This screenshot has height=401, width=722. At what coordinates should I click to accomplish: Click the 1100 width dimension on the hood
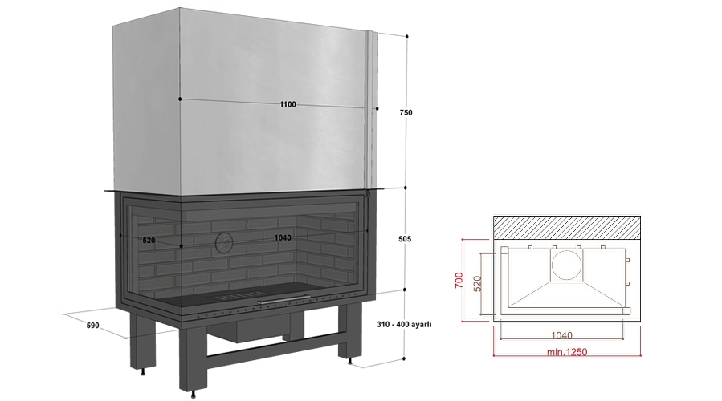[288, 104]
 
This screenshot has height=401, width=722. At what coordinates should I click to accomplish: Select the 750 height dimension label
[406, 112]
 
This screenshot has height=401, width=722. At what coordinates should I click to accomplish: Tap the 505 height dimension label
[405, 239]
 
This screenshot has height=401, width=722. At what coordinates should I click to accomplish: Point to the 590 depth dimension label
[92, 326]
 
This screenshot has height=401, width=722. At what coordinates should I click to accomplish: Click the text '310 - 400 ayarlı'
[404, 324]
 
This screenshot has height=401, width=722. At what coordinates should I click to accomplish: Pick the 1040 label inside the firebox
[282, 237]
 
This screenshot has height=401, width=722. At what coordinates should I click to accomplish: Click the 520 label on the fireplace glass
[149, 241]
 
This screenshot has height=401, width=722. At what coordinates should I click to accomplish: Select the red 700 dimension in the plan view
[459, 281]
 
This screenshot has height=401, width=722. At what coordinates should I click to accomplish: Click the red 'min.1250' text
[567, 352]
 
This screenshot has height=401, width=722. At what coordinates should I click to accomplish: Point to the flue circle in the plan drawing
[566, 265]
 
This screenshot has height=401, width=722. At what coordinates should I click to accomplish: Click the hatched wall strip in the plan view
[567, 227]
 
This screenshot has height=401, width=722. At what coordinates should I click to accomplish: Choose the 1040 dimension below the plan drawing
[561, 336]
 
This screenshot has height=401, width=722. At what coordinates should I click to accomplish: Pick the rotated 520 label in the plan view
[477, 283]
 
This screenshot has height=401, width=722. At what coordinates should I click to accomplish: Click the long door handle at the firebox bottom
[280, 301]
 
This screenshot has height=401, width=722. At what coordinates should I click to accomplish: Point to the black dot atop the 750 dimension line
[406, 36]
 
